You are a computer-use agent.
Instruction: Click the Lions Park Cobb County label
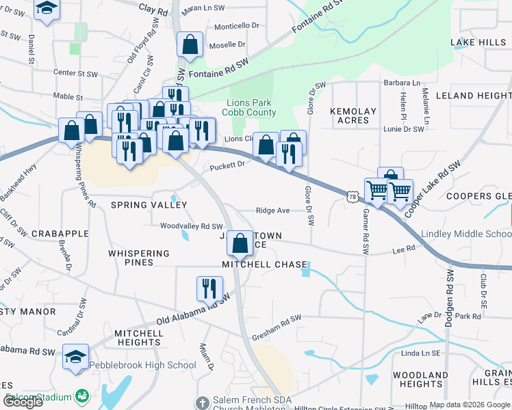pyautogui.click(x=251, y=108)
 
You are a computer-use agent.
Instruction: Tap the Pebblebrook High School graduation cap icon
pyautogui.click(x=75, y=356)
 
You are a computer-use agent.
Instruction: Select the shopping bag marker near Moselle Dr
pyautogui.click(x=190, y=45)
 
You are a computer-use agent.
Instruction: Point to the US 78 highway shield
pyautogui.click(x=353, y=197)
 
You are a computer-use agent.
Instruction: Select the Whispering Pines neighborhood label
pyautogui.click(x=139, y=258)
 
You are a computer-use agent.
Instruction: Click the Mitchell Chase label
pyautogui.click(x=264, y=264)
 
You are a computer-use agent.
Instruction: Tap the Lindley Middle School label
pyautogui.click(x=465, y=234)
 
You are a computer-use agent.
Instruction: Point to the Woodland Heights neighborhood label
pyautogui.click(x=420, y=379)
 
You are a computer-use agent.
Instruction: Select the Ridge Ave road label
pyautogui.click(x=272, y=210)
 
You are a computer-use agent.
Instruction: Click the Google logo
pyautogui.click(x=23, y=402)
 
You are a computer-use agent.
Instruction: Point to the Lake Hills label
pyautogui.click(x=478, y=42)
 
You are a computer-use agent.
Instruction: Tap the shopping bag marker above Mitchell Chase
pyautogui.click(x=240, y=244)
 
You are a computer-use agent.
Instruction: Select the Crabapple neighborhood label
pyautogui.click(x=60, y=233)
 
